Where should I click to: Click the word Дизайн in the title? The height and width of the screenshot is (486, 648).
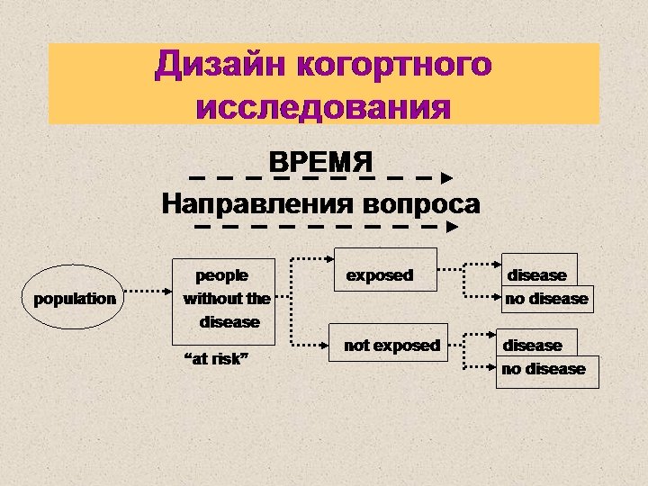tap(220, 65)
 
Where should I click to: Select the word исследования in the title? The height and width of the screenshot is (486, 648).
tap(323, 107)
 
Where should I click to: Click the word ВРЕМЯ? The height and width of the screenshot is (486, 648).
tap(321, 163)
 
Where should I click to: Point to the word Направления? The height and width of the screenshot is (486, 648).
tap(257, 204)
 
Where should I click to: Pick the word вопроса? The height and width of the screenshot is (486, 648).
tap(421, 204)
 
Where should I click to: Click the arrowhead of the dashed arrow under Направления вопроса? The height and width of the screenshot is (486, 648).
tap(453, 228)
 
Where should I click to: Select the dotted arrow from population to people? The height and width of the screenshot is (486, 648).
tap(147, 292)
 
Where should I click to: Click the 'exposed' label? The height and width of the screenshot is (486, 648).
tap(380, 275)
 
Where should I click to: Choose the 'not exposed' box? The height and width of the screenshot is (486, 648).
tap(392, 345)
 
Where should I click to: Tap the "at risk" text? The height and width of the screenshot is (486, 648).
tap(217, 360)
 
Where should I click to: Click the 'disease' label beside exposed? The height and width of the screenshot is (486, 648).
tap(537, 274)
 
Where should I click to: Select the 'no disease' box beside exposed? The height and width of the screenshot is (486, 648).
tap(546, 299)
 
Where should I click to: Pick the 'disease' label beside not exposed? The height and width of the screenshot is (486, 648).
tap(532, 345)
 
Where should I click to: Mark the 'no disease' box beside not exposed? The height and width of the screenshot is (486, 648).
tap(544, 369)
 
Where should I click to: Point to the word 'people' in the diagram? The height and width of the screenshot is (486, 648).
tap(221, 274)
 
